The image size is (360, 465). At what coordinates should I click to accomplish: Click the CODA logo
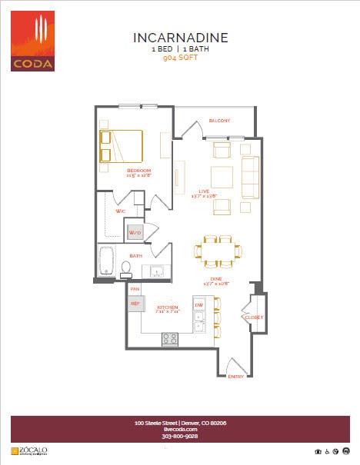point(32,42)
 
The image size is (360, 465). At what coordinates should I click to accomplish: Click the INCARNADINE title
point(181,38)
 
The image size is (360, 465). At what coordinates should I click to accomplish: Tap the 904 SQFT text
point(181,57)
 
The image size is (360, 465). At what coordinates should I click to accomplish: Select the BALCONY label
point(220,121)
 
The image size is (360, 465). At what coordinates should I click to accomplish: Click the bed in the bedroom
point(121,145)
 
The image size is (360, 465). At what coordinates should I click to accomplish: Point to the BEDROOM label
point(138,170)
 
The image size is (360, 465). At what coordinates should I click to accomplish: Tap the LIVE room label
point(204,191)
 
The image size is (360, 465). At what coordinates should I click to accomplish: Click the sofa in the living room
point(251,177)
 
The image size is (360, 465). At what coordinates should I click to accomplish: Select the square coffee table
point(222,177)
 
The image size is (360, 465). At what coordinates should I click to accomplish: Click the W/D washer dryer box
point(135,232)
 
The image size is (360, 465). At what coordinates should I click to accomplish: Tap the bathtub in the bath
point(107,260)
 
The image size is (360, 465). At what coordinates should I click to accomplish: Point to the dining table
point(218,249)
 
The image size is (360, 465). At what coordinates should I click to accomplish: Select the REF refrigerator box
point(135,304)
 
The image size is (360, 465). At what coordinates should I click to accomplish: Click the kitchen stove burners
point(170,338)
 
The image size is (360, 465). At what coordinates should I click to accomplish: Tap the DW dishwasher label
point(198,305)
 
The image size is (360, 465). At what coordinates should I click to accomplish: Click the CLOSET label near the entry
point(254,317)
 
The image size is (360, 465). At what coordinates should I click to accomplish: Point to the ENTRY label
point(235,375)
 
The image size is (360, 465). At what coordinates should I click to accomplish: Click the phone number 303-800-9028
point(180,436)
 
